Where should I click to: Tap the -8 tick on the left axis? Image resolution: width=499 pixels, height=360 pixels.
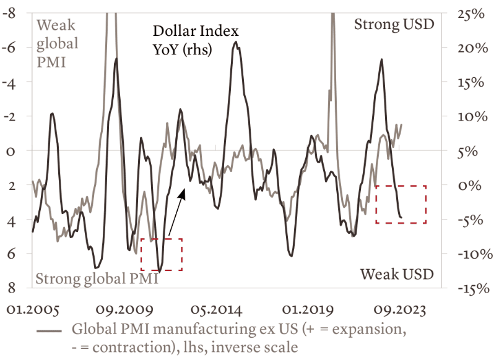click(x=10, y=13)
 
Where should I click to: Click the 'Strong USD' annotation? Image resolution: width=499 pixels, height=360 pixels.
click(x=394, y=25)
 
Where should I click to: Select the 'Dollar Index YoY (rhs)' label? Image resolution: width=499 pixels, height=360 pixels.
click(x=187, y=41)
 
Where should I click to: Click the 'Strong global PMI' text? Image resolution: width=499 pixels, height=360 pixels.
click(x=97, y=279)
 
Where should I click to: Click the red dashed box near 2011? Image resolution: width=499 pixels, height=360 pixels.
click(x=162, y=254)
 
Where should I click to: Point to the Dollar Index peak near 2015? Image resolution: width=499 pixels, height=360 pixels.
click(x=235, y=42)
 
